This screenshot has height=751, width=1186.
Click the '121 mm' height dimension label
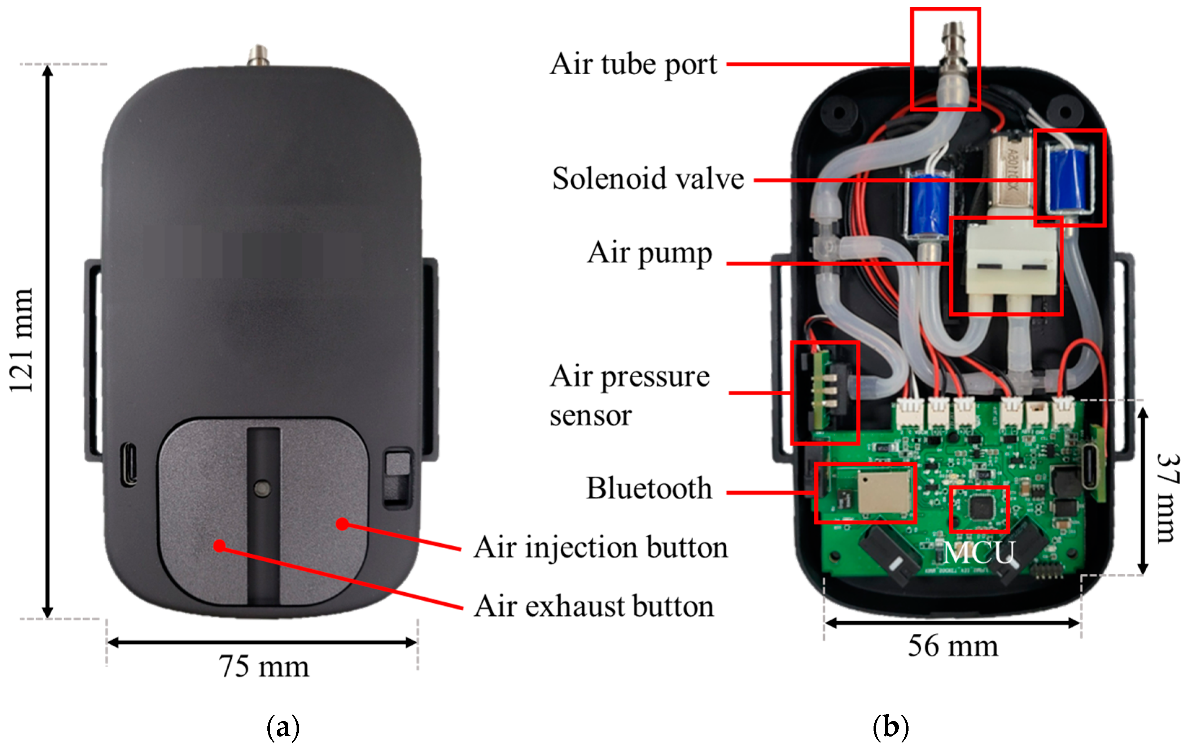[x=22, y=340]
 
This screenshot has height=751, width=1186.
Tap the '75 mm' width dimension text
[x=264, y=667]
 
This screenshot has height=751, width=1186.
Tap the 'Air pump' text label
[x=649, y=253]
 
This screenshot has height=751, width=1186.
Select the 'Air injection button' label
[x=601, y=548]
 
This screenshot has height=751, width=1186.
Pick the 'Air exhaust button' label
[x=594, y=606]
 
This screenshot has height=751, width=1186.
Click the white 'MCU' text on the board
[x=979, y=553]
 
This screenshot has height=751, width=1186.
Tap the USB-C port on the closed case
[x=130, y=464]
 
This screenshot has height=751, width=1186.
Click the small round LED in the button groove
[x=263, y=488]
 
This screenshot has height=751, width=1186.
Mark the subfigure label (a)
[x=283, y=727]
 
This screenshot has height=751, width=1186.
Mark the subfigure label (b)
[x=890, y=727]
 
